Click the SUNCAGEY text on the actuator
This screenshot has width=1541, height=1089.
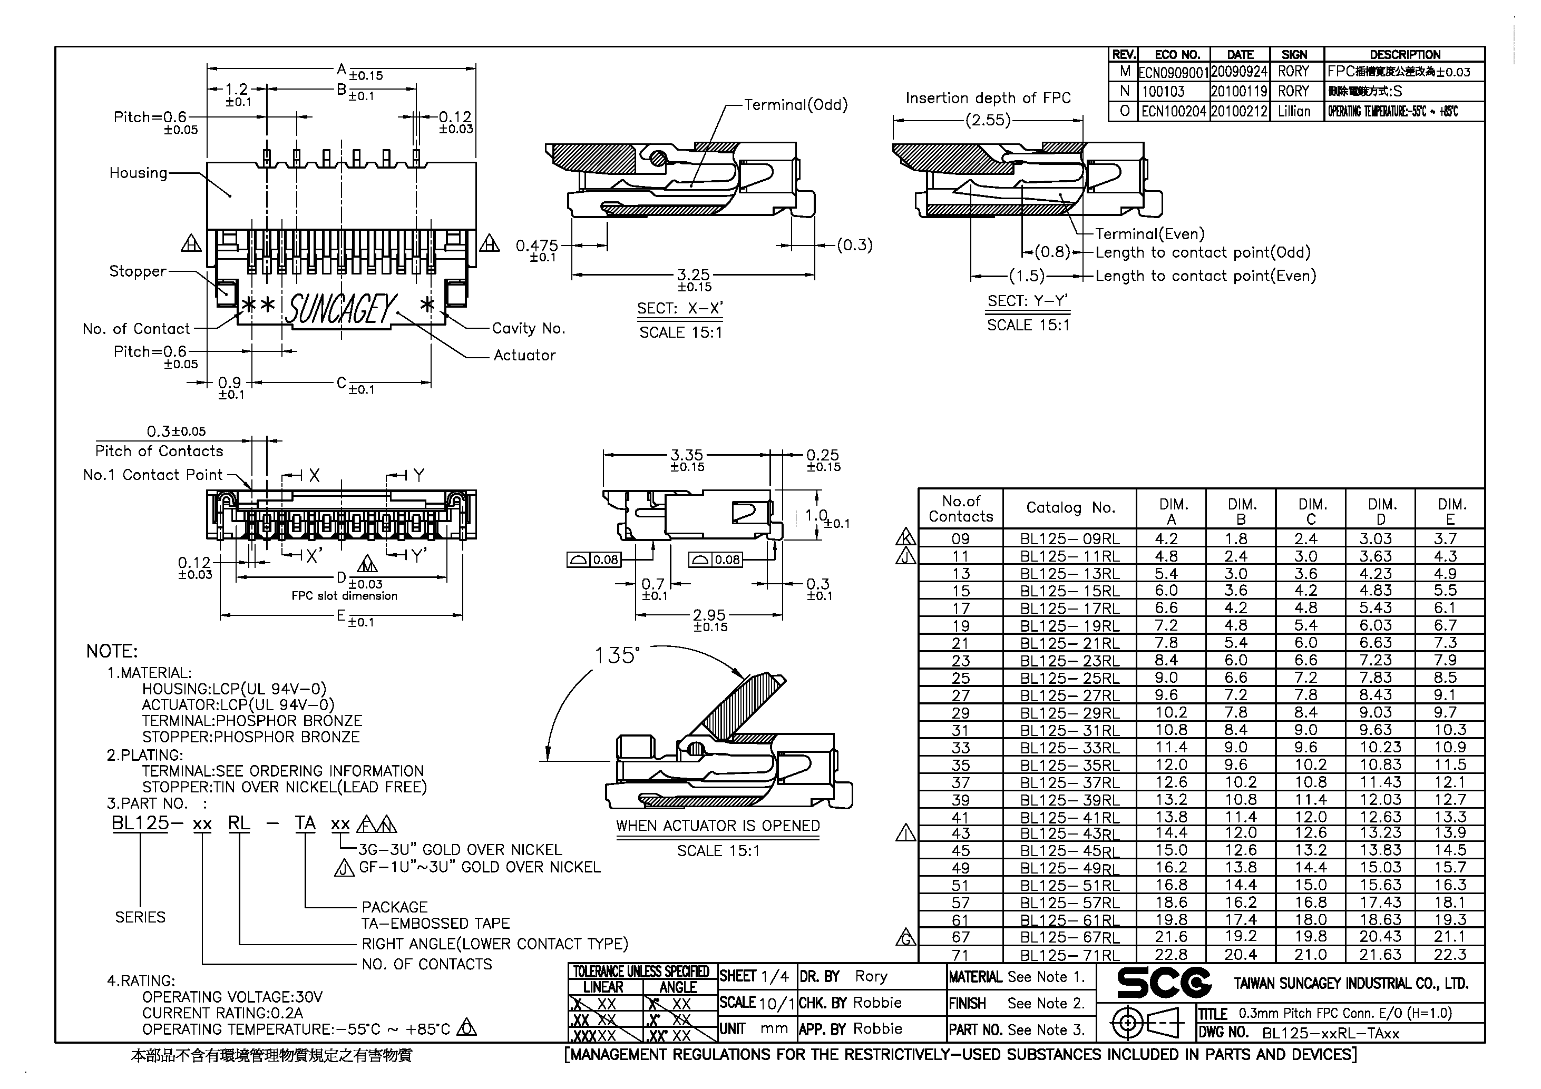(x=341, y=309)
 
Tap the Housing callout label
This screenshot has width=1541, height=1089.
(x=138, y=173)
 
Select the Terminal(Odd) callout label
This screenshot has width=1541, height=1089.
(x=795, y=105)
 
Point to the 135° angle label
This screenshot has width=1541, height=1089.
(x=617, y=655)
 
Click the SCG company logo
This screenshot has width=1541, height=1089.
(x=1163, y=983)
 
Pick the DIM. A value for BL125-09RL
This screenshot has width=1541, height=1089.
(x=1166, y=539)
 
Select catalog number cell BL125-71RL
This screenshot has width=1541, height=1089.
(x=1070, y=955)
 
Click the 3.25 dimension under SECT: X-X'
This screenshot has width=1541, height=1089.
(x=694, y=275)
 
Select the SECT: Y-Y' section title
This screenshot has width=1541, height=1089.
(x=1027, y=301)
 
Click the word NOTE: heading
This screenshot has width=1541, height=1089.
(x=111, y=652)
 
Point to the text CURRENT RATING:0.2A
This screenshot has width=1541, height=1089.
(x=222, y=1013)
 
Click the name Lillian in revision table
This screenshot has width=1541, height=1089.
(x=1293, y=111)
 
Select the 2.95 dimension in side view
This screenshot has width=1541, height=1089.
(x=709, y=615)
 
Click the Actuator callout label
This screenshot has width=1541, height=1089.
(x=524, y=356)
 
